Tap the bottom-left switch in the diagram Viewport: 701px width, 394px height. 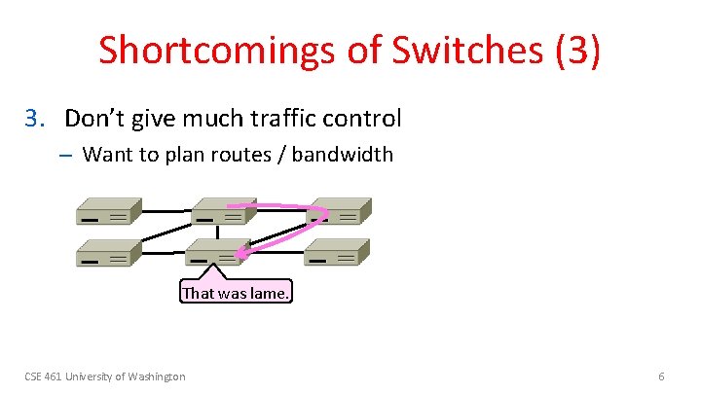109,254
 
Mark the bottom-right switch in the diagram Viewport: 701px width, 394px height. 337,254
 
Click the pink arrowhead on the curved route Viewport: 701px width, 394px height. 240,255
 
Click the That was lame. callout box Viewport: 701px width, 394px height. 236,292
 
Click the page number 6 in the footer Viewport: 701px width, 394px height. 662,376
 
